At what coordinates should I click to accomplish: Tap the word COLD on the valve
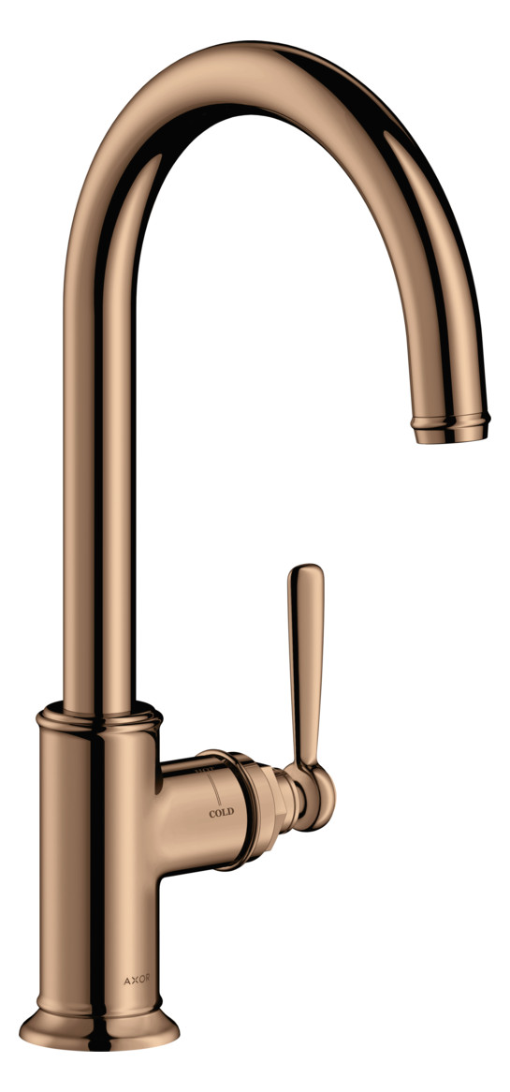[x=222, y=813]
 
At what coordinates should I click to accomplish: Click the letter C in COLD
[x=212, y=813]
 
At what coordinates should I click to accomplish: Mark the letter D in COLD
[x=231, y=813]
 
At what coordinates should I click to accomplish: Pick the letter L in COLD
[x=225, y=813]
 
